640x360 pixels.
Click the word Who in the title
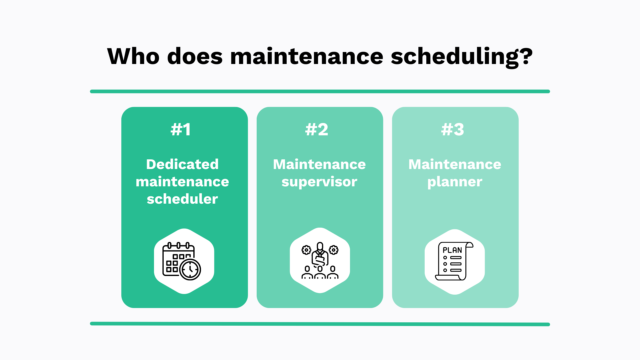[x=133, y=56]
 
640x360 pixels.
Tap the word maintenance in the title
[x=307, y=56]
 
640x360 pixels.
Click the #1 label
[x=181, y=129]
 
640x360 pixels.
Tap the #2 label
[x=317, y=129]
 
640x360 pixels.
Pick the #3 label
[x=452, y=129]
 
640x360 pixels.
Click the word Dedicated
[x=182, y=164]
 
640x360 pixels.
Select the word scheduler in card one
[x=182, y=199]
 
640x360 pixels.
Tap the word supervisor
[x=319, y=182]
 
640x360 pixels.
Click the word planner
[x=455, y=182]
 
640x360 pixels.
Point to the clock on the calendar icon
[x=190, y=269]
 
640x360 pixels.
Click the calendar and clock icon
[x=182, y=261]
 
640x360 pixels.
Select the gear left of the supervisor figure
[x=306, y=250]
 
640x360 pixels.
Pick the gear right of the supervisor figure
[x=334, y=250]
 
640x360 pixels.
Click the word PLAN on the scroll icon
[x=452, y=250]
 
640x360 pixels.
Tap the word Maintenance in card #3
[x=455, y=164]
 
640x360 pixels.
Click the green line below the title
[x=320, y=91]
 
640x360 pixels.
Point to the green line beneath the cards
[x=320, y=324]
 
